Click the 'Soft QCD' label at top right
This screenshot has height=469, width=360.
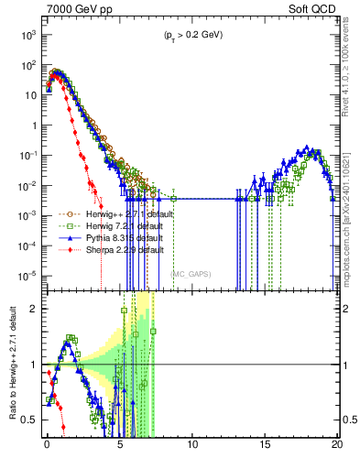[x=314, y=8]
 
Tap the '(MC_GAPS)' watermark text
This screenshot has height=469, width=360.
[x=192, y=274]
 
